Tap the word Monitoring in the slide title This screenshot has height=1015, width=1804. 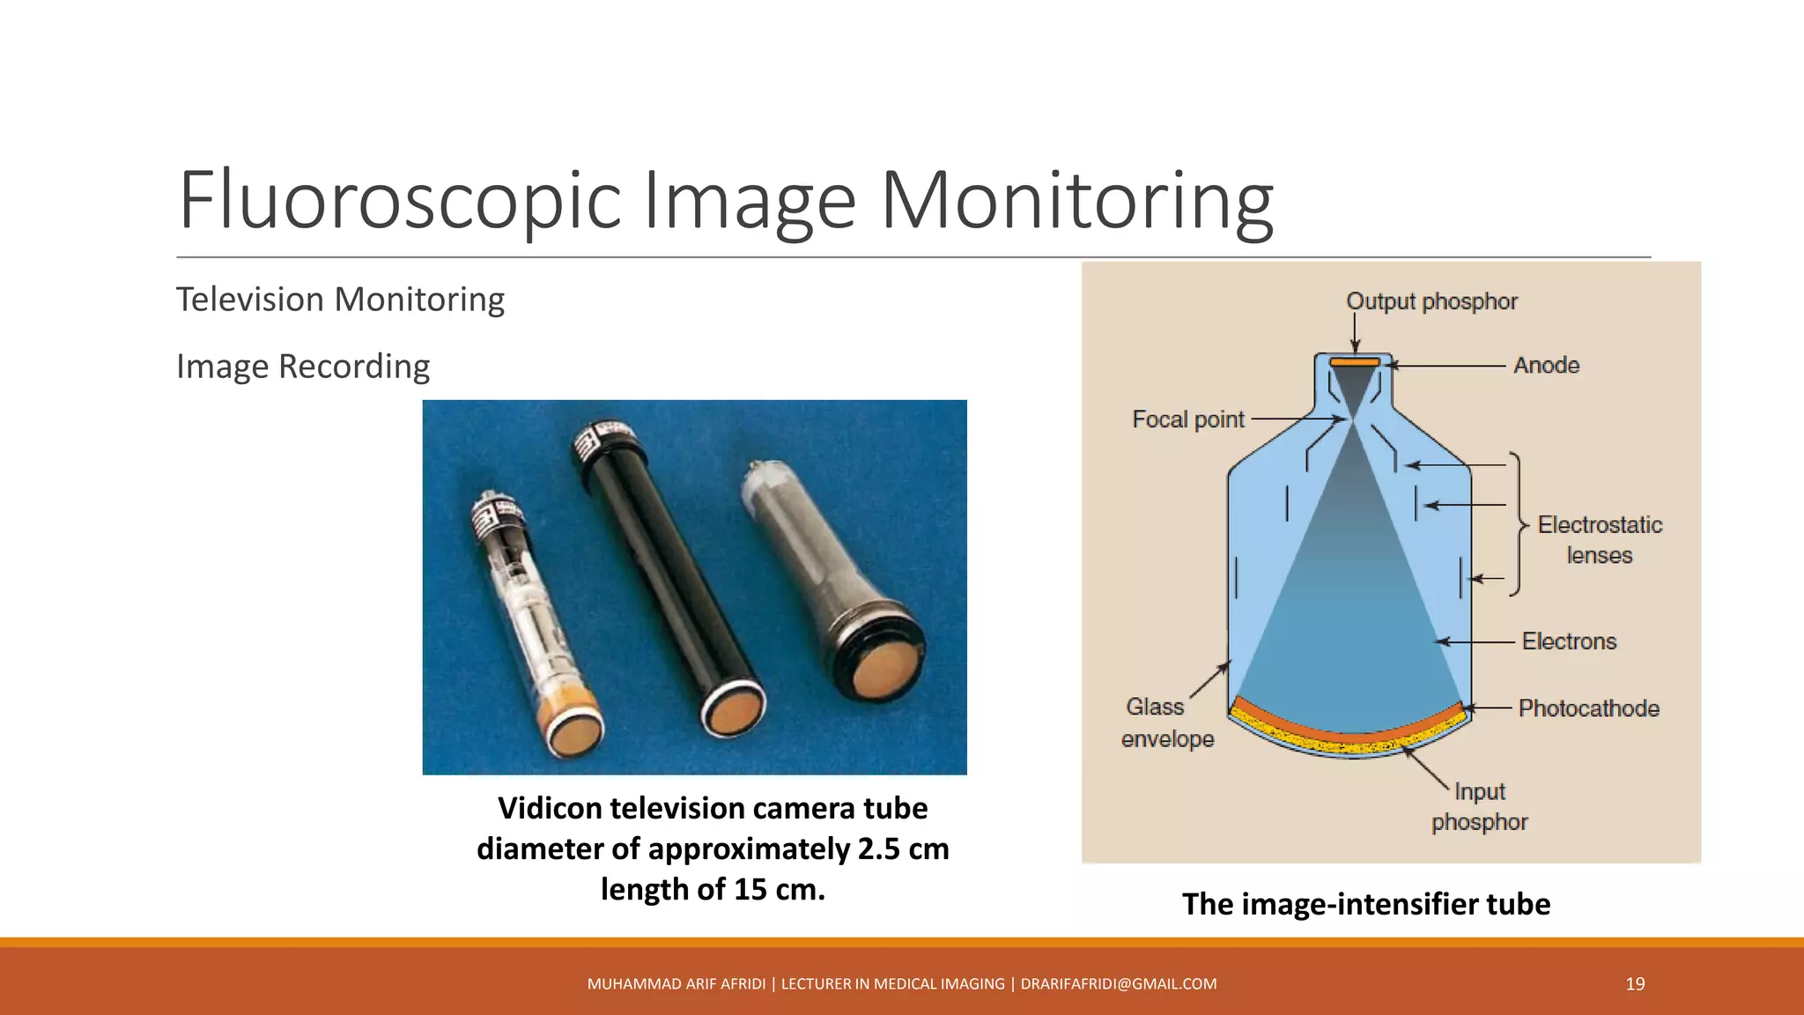[1076, 201]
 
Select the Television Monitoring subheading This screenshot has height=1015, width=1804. [340, 300]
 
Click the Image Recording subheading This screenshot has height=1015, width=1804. [303, 367]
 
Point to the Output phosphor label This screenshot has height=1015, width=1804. [1431, 301]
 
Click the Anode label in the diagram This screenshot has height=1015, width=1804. [1546, 366]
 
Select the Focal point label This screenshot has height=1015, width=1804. [1187, 419]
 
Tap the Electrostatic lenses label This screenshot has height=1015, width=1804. [1600, 540]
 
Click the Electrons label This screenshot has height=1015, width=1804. [1569, 641]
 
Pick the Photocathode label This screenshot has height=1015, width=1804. [1588, 708]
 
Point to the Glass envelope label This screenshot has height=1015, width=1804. [1166, 722]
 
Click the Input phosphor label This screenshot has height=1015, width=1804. [1480, 806]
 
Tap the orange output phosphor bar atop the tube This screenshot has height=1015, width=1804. [1355, 362]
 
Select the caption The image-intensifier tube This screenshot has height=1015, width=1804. [1365, 904]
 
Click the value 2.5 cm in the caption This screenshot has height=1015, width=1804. [903, 849]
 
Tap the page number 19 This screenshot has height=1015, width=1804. [1635, 984]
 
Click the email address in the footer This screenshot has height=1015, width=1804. [1119, 984]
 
